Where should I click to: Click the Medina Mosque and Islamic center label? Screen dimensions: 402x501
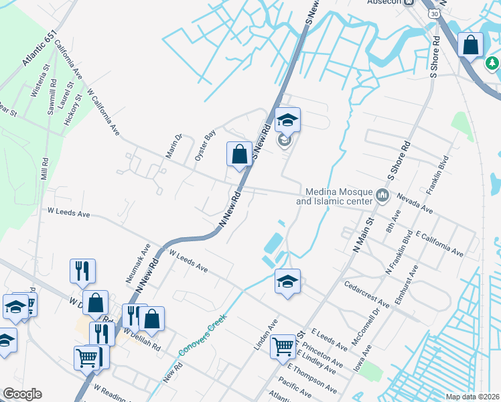(x=334, y=196)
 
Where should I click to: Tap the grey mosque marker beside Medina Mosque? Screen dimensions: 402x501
(x=382, y=196)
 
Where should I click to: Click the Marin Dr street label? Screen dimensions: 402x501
(x=174, y=147)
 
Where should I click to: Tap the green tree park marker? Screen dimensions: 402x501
(x=492, y=63)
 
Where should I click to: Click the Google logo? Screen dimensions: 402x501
(x=22, y=394)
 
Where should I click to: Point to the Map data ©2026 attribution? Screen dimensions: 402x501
(x=472, y=397)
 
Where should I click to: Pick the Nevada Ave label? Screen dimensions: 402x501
(x=415, y=204)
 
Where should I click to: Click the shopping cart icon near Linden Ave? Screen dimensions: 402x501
(x=283, y=346)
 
